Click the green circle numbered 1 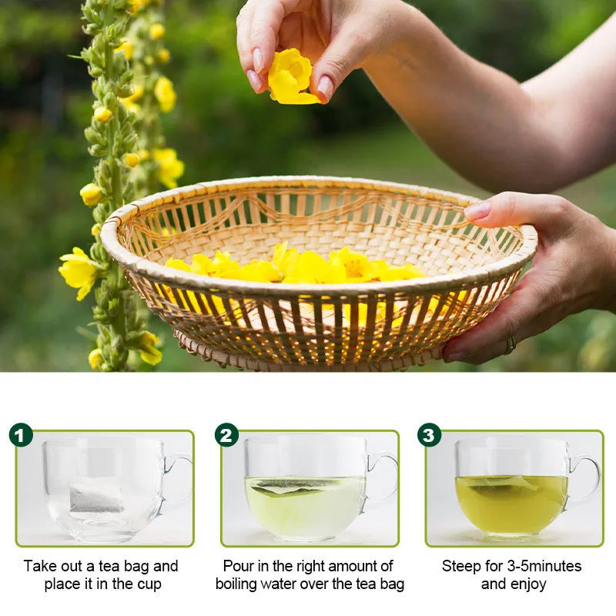(x=21, y=435)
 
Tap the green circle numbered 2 (x=226, y=435)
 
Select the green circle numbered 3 (x=429, y=435)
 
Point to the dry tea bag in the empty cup (x=96, y=497)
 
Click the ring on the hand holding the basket (x=509, y=346)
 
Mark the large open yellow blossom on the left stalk (x=79, y=270)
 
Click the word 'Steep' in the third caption (x=460, y=566)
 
